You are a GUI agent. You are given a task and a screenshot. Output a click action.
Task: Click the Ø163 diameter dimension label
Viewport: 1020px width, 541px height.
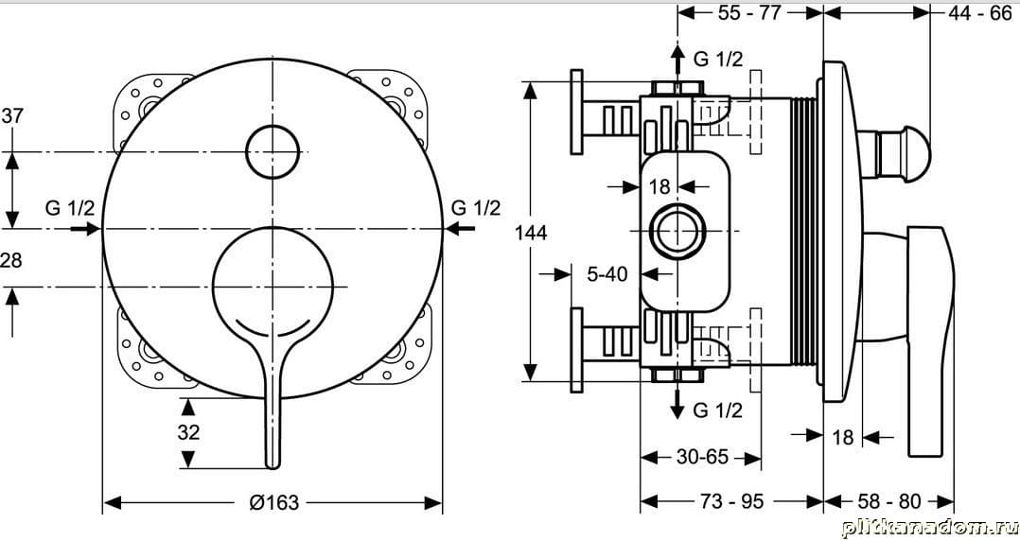coord(273,502)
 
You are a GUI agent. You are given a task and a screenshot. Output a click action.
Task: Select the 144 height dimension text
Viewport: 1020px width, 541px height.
coord(532,232)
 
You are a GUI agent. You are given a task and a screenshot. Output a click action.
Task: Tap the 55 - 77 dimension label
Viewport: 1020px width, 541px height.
coord(748,12)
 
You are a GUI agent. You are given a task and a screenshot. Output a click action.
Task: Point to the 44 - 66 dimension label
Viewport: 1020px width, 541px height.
coord(979,12)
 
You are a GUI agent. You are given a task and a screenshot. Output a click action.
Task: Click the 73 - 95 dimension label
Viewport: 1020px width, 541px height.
coord(731,501)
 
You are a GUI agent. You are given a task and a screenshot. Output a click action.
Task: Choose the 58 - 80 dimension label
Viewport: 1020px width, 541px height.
coord(889,501)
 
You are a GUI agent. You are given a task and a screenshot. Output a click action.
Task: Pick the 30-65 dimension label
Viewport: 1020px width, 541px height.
coord(702,457)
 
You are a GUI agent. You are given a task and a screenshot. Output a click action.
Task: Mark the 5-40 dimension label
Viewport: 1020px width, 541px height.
coord(607,274)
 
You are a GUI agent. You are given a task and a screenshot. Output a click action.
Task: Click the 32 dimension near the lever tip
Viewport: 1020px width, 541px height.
coord(188,432)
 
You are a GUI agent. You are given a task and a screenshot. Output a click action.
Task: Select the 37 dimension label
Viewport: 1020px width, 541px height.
coord(12,115)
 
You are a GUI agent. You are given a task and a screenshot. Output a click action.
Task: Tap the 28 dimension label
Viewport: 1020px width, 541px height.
coord(11,260)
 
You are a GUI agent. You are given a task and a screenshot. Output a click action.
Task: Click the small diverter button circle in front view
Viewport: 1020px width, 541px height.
coord(273,152)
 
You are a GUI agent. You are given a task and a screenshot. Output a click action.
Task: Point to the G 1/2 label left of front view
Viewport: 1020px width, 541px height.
coord(70,208)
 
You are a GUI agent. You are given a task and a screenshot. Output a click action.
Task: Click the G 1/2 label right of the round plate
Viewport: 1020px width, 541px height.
coord(476,208)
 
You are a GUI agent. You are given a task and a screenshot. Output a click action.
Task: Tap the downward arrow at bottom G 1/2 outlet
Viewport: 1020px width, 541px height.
coord(677,400)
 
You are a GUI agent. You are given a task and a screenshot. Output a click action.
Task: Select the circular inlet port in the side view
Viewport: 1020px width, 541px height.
coord(677,232)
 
